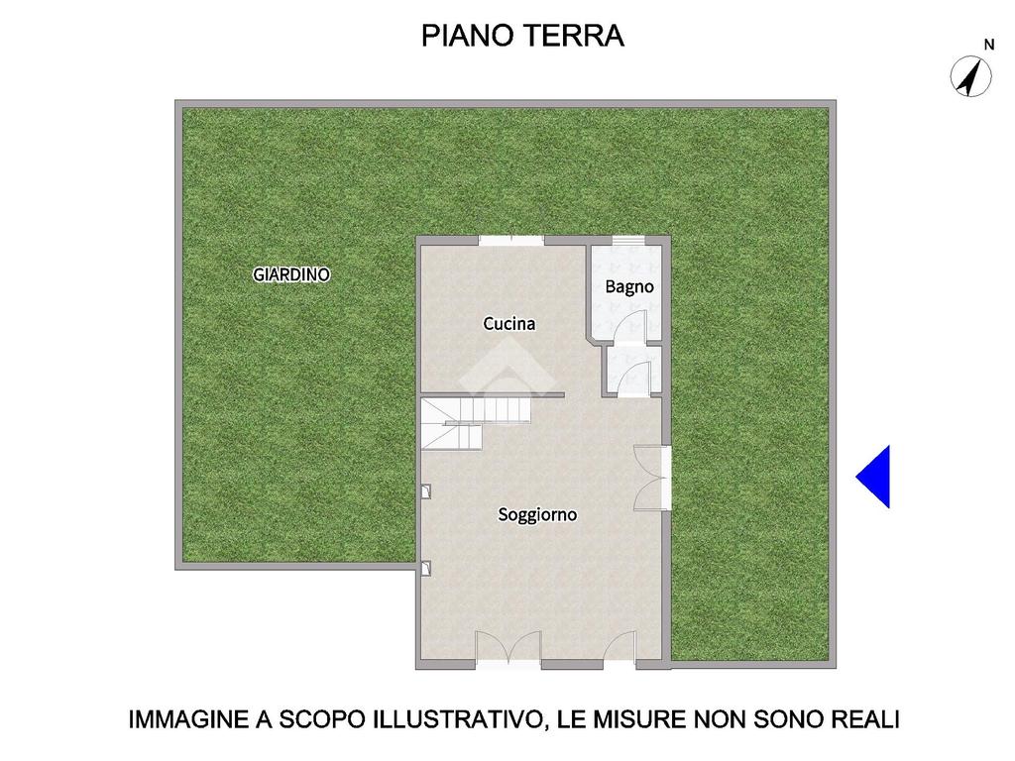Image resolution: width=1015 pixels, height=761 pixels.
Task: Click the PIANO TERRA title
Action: click(522, 36)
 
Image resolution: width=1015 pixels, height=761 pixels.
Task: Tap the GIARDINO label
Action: click(291, 274)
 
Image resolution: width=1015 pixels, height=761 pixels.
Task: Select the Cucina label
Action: click(509, 324)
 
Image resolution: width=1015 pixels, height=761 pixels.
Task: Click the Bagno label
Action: click(629, 286)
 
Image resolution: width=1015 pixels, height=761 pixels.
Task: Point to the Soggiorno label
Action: click(537, 514)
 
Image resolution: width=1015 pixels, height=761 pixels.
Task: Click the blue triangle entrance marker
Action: click(873, 477)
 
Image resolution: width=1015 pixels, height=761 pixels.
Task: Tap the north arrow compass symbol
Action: click(970, 76)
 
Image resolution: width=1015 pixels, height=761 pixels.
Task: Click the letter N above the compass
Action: click(989, 45)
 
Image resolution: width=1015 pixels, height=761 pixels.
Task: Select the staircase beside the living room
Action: click(475, 422)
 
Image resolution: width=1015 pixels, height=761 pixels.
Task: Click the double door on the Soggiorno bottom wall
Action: click(508, 647)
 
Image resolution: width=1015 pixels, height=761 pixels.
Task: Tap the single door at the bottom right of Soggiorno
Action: click(620, 647)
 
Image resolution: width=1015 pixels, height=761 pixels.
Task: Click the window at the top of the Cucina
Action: click(511, 241)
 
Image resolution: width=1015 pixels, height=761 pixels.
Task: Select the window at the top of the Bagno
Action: click(629, 241)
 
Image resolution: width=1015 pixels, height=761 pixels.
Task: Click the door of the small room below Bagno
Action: click(633, 380)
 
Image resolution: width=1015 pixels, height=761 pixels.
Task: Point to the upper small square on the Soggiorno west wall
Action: click(426, 491)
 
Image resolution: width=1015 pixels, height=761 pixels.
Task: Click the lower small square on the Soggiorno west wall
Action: click(426, 568)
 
